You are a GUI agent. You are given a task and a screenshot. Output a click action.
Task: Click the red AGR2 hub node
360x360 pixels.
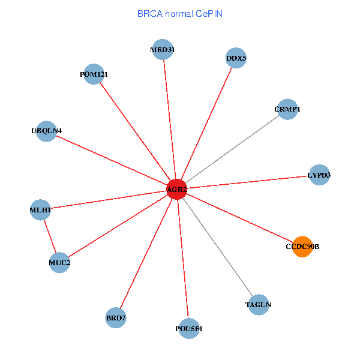176,190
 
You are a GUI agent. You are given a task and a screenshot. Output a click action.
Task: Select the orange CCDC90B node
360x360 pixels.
302,247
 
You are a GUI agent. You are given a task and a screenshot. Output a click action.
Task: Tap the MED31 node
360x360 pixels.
163,50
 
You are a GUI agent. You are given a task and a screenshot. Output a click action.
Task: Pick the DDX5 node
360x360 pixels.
236,58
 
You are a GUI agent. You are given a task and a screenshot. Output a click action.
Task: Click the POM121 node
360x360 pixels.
94,74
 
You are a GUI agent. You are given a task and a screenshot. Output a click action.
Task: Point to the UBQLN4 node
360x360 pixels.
46,131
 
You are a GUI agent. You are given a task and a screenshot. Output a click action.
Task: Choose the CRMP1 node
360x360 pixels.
287,109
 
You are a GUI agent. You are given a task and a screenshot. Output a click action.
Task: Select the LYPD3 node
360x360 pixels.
319,175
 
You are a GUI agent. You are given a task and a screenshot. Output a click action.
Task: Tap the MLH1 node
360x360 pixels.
40,210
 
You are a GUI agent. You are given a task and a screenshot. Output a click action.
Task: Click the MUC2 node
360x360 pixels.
59,262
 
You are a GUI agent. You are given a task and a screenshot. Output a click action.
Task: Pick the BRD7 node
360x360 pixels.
116,317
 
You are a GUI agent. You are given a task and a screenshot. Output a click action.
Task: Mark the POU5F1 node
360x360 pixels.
189,329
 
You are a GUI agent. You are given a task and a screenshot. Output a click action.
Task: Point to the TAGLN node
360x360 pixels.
259,305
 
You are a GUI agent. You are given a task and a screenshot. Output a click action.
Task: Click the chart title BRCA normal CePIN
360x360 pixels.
180,13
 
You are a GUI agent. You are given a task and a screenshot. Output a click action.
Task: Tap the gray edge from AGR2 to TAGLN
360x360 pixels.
217,247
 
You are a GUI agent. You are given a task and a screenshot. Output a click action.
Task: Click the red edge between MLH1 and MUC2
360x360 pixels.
50,236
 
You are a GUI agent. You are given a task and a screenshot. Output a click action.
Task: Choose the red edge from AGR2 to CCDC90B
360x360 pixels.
240,218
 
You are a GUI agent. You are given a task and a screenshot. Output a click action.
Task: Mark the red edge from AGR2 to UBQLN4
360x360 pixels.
111,160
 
